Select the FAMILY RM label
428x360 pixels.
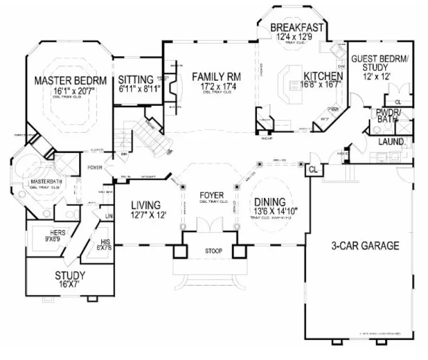[x=216, y=76]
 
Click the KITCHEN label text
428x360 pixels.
[x=323, y=76]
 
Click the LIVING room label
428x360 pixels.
[x=145, y=205]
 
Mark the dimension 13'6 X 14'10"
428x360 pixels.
[x=273, y=212]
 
